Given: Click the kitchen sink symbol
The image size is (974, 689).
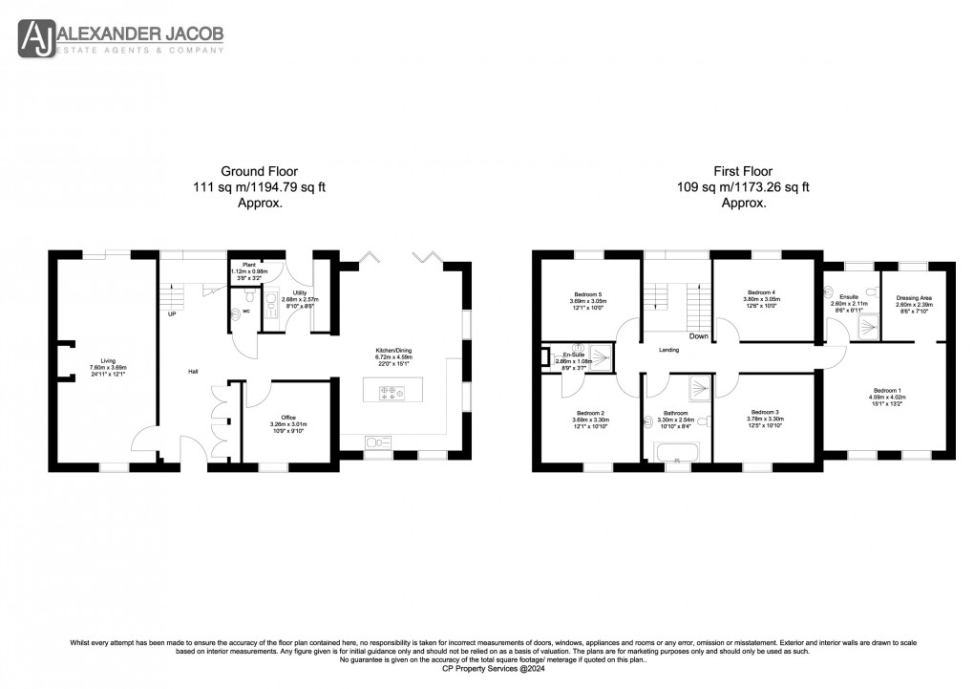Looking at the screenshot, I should click(379, 441).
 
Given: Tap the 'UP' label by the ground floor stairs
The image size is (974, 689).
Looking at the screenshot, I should click(172, 313).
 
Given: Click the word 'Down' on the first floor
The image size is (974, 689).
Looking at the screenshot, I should click(699, 335).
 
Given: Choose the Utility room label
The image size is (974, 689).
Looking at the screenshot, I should click(287, 297).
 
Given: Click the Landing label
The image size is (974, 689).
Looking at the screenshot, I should click(669, 350).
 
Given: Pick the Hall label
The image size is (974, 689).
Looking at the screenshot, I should click(191, 371).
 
